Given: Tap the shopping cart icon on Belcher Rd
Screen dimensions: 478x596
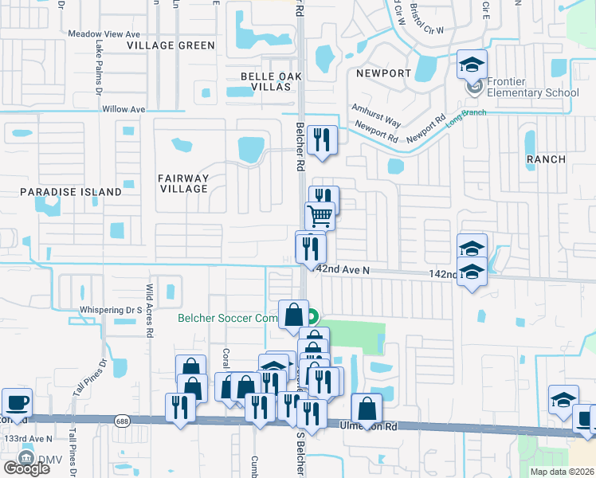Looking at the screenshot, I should (320, 215).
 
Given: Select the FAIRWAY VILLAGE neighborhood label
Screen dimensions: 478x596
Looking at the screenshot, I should (183, 183).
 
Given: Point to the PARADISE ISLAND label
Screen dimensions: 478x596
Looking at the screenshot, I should (71, 192).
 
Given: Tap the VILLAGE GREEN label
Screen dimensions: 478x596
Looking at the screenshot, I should (172, 45).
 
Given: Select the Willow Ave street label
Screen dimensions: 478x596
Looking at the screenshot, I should (124, 109).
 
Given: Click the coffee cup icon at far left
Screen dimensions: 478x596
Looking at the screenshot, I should (17, 402).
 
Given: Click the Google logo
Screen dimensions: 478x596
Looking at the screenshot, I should (26, 468).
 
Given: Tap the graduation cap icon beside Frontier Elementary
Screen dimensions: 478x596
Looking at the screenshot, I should (472, 64).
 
